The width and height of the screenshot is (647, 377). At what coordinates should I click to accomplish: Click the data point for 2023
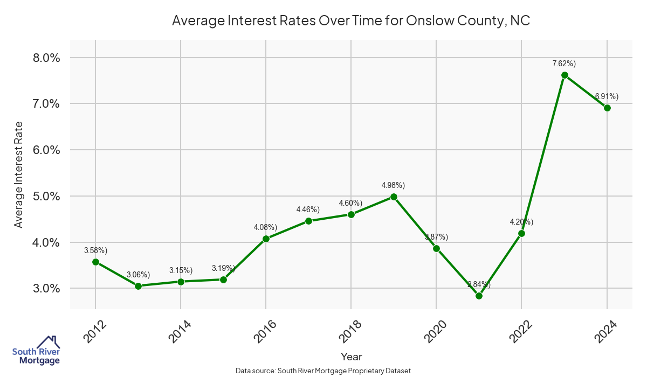[565, 75]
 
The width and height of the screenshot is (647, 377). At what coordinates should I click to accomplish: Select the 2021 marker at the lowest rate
[479, 296]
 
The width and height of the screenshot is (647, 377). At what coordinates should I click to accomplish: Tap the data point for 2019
[394, 197]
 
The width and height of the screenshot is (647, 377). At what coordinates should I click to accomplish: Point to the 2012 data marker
[95, 262]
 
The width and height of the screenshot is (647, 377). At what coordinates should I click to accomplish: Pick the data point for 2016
[266, 239]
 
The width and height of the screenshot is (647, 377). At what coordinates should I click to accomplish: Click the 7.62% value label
[564, 64]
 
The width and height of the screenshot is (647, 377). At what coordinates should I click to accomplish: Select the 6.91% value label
[607, 96]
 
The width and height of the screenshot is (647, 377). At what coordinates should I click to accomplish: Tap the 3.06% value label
[138, 275]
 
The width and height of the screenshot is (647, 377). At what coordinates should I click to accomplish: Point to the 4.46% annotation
[308, 210]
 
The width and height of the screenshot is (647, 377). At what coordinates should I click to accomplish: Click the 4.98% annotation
[393, 185]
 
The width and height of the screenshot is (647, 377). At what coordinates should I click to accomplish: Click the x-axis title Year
[352, 357]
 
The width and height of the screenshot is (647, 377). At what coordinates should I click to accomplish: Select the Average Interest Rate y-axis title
[19, 173]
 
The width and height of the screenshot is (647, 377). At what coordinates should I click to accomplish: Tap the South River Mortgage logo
[36, 351]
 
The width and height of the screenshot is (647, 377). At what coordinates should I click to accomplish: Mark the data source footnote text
[323, 371]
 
